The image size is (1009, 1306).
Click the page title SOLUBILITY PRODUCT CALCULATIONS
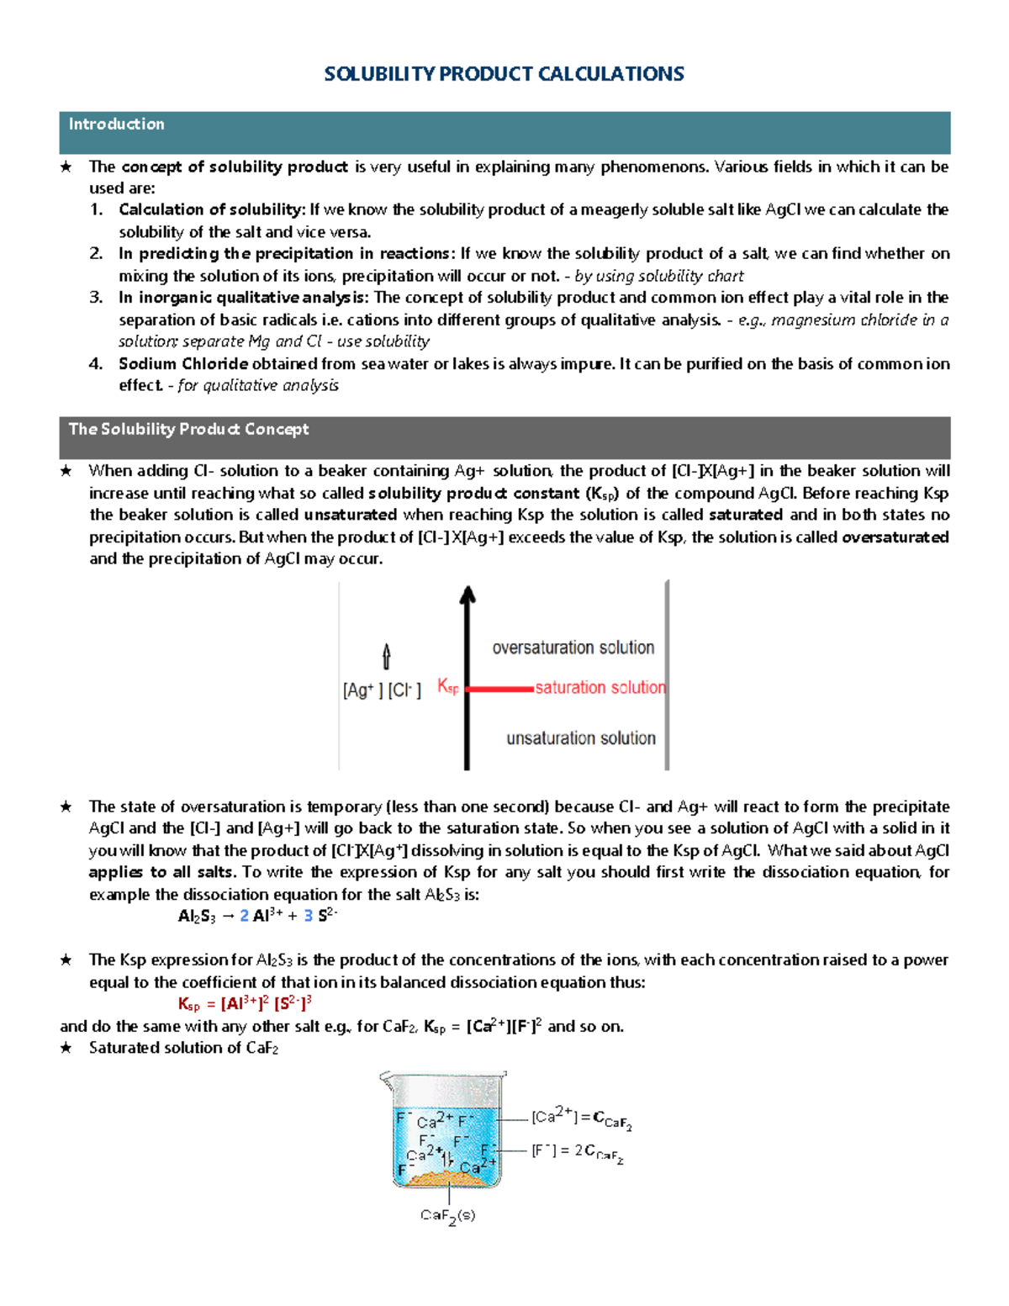(504, 74)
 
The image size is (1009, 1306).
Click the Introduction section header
(117, 124)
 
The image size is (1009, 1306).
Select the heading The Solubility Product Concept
(188, 429)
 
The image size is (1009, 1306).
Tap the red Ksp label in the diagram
(447, 687)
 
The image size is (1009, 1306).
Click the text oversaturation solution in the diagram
(573, 648)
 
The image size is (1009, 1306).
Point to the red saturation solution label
(600, 687)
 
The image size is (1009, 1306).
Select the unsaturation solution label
(580, 738)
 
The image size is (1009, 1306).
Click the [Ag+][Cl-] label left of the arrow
(382, 690)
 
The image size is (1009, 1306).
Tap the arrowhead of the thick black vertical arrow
(468, 595)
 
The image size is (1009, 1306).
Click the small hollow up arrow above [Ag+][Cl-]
(386, 656)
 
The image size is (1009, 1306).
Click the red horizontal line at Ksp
(499, 689)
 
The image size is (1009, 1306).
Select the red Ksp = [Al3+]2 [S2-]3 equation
(245, 1003)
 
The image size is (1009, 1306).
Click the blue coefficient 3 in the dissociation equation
(308, 916)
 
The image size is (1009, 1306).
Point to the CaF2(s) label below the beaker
(447, 1216)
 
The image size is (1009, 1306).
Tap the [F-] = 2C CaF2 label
(577, 1152)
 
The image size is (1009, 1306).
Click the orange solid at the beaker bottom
(446, 1178)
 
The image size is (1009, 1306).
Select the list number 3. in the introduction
(96, 297)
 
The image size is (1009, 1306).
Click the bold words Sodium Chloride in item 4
(182, 364)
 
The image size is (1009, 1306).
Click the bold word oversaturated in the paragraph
(895, 537)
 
